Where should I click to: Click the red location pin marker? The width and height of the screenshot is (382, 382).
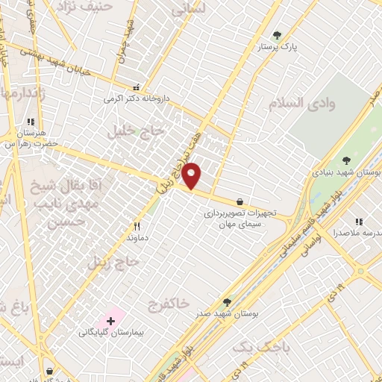pyautogui.click(x=192, y=175)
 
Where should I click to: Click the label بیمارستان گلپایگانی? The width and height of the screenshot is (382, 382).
pyautogui.click(x=111, y=333)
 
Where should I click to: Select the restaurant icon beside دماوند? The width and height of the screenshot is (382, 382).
pyautogui.click(x=137, y=226)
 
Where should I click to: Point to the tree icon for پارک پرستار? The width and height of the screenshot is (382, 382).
pyautogui.click(x=278, y=35)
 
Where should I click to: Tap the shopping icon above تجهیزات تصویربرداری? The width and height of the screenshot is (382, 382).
pyautogui.click(x=239, y=201)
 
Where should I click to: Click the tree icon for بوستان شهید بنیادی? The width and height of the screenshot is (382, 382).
pyautogui.click(x=345, y=160)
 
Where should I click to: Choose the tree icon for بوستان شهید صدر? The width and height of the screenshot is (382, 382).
pyautogui.click(x=227, y=301)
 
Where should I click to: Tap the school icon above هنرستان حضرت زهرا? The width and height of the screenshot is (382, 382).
pyautogui.click(x=31, y=122)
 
